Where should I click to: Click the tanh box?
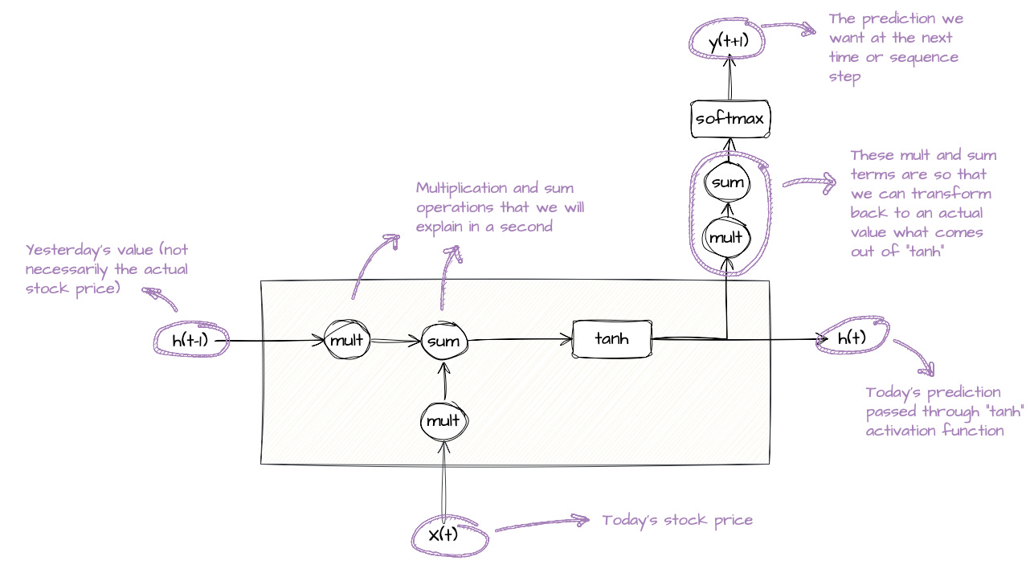click(611, 339)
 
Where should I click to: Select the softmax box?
click(730, 120)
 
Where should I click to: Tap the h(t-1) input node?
click(190, 341)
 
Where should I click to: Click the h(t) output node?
click(852, 338)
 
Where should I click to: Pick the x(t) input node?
click(443, 534)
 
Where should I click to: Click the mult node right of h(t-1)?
click(347, 341)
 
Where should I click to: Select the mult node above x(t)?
click(443, 420)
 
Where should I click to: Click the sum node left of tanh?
click(443, 341)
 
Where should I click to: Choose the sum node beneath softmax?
click(728, 182)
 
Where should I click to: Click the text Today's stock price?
click(677, 520)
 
